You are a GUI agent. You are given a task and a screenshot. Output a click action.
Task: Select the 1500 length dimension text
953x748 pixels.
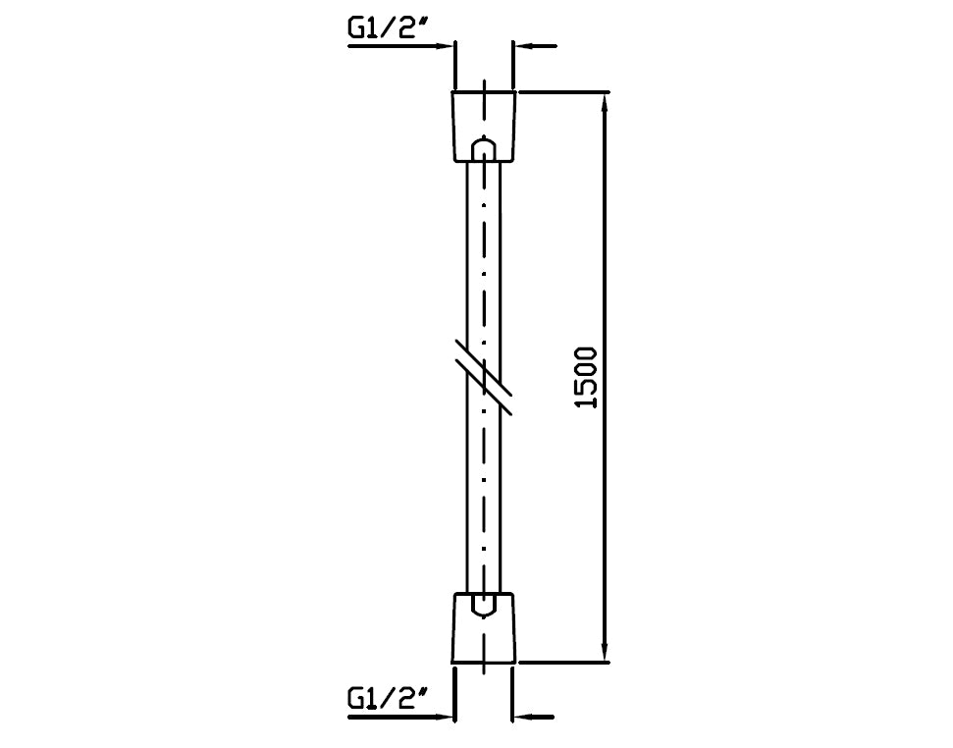point(586,377)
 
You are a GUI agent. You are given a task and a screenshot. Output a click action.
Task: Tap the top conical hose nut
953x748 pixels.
point(484,127)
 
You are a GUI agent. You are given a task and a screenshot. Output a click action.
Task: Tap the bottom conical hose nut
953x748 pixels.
point(484,627)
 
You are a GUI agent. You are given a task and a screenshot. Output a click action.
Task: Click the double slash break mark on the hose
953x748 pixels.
point(484,377)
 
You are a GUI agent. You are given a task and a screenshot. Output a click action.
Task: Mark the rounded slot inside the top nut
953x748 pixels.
point(484,149)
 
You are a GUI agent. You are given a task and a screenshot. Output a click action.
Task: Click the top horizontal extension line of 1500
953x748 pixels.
point(563,92)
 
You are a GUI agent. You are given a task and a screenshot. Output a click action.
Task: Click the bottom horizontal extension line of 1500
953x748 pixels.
point(563,663)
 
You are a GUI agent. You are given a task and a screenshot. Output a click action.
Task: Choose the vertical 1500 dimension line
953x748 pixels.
point(604,377)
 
